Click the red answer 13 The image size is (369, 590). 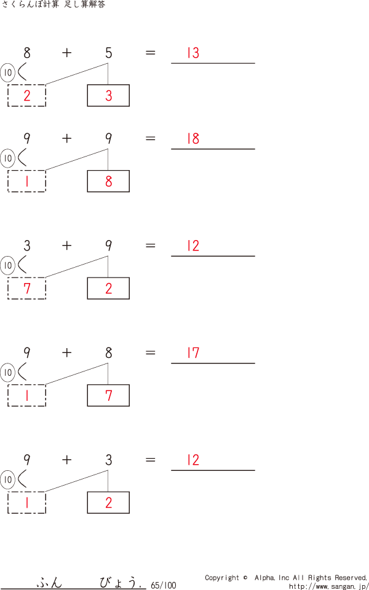tap(193, 53)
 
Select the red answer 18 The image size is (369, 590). tap(193, 139)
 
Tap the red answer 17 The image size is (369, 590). tap(193, 353)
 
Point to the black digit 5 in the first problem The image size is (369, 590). tap(109, 53)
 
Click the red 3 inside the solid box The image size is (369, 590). tap(109, 96)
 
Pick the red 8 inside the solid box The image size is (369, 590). tap(109, 182)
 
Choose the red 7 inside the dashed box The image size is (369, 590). tap(27, 289)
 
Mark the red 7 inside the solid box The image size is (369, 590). tap(109, 396)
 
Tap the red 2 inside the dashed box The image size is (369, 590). tap(27, 96)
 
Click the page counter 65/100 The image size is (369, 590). tap(163, 585)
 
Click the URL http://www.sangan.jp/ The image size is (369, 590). tap(328, 586)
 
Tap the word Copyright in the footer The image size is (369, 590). tap(222, 578)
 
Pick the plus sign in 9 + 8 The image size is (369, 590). tap(67, 353)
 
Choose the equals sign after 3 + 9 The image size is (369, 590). tap(151, 246)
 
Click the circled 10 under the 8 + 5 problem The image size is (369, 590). tap(8, 73)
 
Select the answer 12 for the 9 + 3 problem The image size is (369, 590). tap(193, 460)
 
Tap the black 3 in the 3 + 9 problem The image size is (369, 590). tap(27, 246)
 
